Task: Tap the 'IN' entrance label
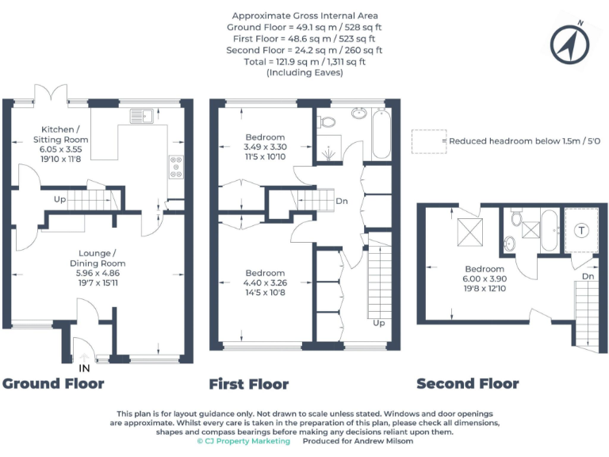tap(85, 368)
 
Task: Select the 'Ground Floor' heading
tap(53, 384)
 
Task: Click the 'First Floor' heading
tap(249, 384)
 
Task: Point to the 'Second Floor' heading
tap(468, 384)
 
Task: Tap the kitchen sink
tap(142, 116)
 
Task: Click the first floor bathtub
tap(381, 132)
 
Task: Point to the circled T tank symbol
tap(583, 230)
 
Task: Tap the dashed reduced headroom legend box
tap(426, 141)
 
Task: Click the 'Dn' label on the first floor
tap(342, 201)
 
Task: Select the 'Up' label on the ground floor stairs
tap(59, 199)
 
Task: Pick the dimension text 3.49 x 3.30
tap(264, 147)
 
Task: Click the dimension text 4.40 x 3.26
tap(264, 283)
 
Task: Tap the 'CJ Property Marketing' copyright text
tap(243, 442)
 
